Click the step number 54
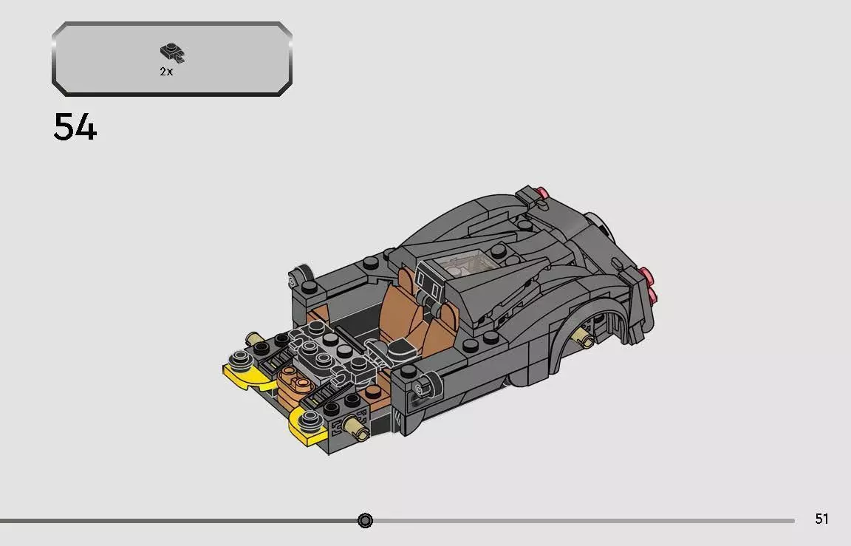[x=75, y=128]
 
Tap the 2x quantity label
[x=166, y=72]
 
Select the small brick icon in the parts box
[x=171, y=52]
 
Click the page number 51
[x=821, y=519]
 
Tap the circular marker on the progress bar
[x=365, y=521]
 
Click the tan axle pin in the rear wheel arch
[x=583, y=341]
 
